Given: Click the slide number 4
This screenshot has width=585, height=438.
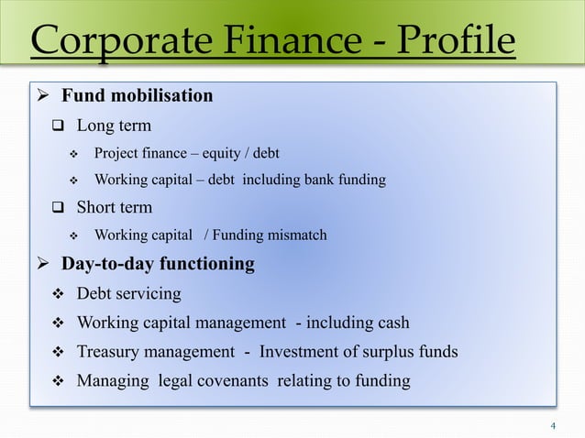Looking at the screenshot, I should (x=553, y=425).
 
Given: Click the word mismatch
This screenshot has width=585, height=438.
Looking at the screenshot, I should (x=296, y=235).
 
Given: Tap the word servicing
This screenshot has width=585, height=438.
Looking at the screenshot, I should (x=149, y=294).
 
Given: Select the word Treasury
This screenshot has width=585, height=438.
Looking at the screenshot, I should (x=108, y=352).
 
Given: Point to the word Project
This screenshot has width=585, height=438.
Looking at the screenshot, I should (x=116, y=151).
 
